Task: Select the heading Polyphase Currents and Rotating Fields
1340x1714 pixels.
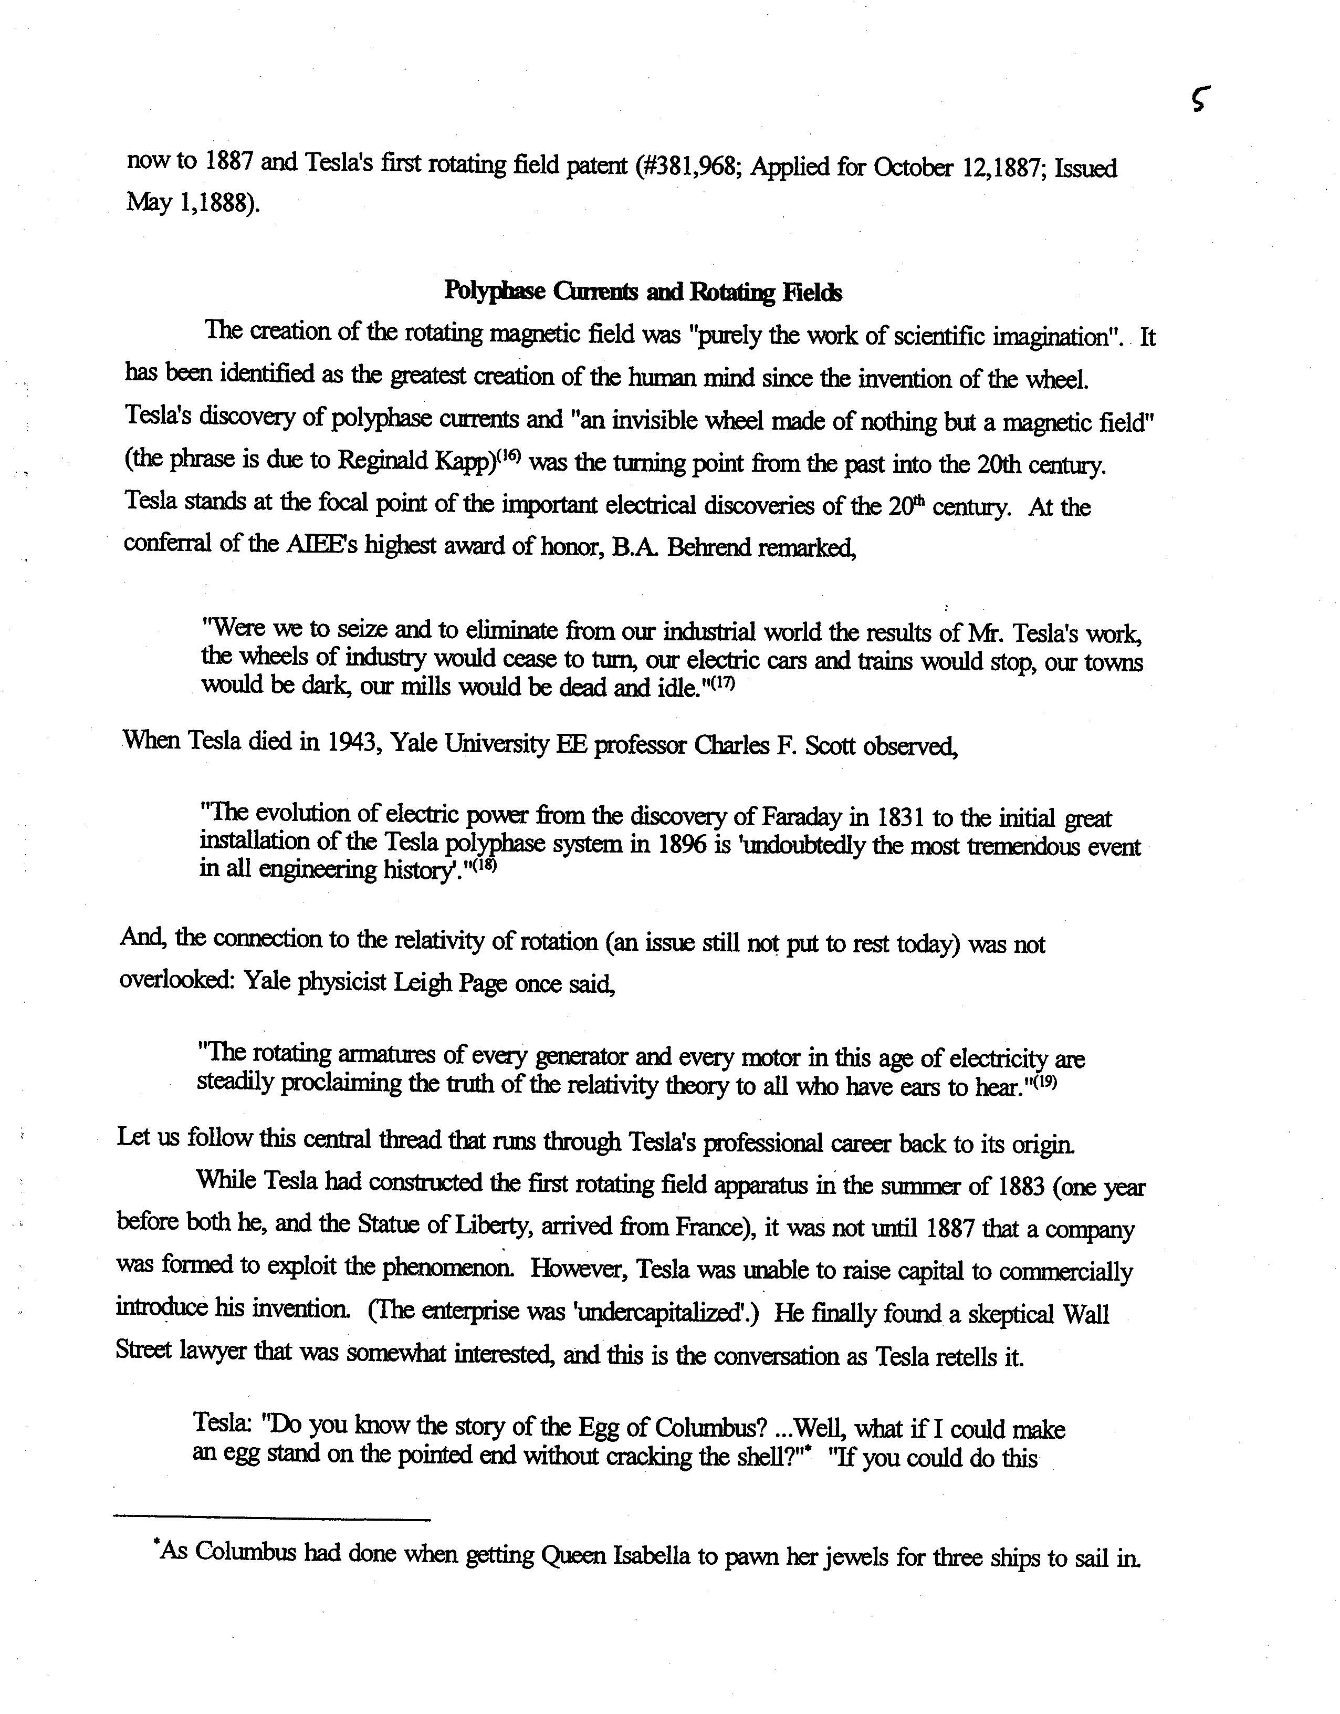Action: point(643,292)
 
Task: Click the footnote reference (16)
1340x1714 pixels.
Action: point(509,456)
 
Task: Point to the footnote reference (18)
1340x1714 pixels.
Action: point(484,867)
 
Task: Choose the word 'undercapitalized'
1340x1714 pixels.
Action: point(665,1312)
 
